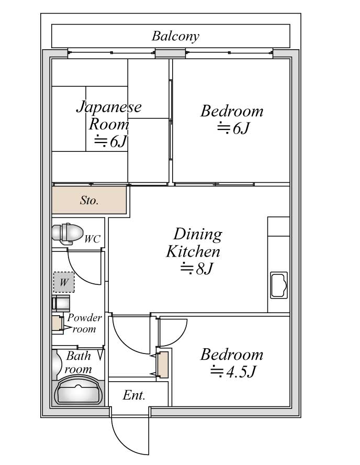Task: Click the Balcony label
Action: pyautogui.click(x=175, y=37)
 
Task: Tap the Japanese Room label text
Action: pyautogui.click(x=109, y=116)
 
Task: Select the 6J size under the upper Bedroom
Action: pyautogui.click(x=234, y=128)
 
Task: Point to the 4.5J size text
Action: pyautogui.click(x=233, y=372)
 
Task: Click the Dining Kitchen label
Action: pyautogui.click(x=194, y=242)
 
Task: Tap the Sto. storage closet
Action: pyautogui.click(x=89, y=200)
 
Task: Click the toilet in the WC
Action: pyautogui.click(x=67, y=234)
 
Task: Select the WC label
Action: pyautogui.click(x=92, y=239)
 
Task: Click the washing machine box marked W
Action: pyautogui.click(x=64, y=282)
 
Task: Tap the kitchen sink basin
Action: pyautogui.click(x=279, y=285)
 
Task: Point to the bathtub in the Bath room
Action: pyautogui.click(x=78, y=391)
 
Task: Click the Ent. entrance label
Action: pyautogui.click(x=134, y=395)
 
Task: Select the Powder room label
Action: pyautogui.click(x=84, y=323)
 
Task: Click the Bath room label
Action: pyautogui.click(x=78, y=362)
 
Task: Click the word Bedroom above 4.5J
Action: pyautogui.click(x=232, y=355)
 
